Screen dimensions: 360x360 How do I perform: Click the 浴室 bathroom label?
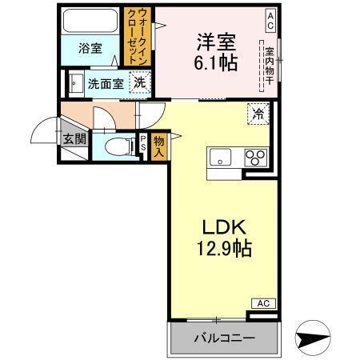(x=90, y=49)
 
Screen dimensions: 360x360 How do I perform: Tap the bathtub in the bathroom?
(x=90, y=22)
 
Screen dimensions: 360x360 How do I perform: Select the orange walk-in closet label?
(x=136, y=38)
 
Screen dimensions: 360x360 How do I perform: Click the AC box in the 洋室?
(x=270, y=17)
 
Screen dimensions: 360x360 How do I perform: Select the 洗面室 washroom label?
(x=105, y=82)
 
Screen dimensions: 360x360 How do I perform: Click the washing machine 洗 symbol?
(x=140, y=82)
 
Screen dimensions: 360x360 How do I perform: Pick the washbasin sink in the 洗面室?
(x=77, y=82)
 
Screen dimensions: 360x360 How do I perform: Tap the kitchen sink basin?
(x=220, y=157)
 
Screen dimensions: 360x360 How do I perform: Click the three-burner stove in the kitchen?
(x=255, y=157)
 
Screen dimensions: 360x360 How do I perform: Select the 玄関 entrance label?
(x=74, y=139)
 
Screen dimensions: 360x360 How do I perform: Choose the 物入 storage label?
(x=158, y=145)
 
